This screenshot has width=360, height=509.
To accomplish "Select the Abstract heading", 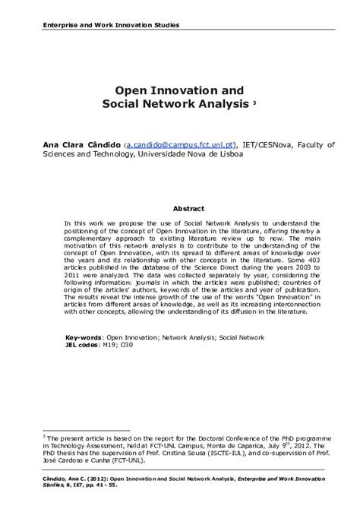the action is pyautogui.click(x=188, y=207).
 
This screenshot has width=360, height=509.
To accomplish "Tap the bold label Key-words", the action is pyautogui.click(x=84, y=336).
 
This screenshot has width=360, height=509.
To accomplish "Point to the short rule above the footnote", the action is pyautogui.click(x=75, y=429).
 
